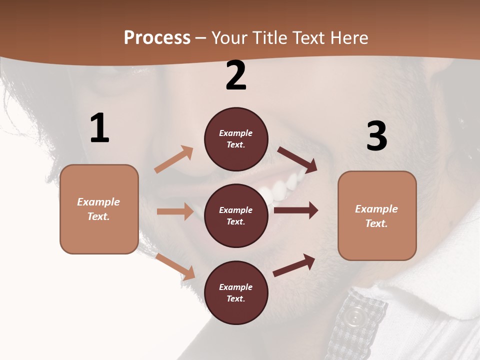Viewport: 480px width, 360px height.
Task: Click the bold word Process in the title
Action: point(157,38)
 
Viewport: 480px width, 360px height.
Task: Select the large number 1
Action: point(99,128)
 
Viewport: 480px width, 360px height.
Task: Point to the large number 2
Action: point(236,75)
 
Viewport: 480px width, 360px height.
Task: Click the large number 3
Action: point(376,136)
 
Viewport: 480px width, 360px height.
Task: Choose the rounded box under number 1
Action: point(99,209)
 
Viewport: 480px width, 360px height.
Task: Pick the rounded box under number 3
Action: point(377,215)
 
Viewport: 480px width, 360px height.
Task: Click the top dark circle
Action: point(236,139)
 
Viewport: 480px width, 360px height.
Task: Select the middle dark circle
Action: point(236,215)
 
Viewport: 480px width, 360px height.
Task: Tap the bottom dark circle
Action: point(236,292)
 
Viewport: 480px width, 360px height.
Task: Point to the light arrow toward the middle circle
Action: point(175,211)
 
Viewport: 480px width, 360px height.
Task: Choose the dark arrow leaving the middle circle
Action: point(296,210)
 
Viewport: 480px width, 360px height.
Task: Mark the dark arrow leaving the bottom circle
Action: point(294,265)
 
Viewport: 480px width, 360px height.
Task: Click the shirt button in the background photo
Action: point(355,316)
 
